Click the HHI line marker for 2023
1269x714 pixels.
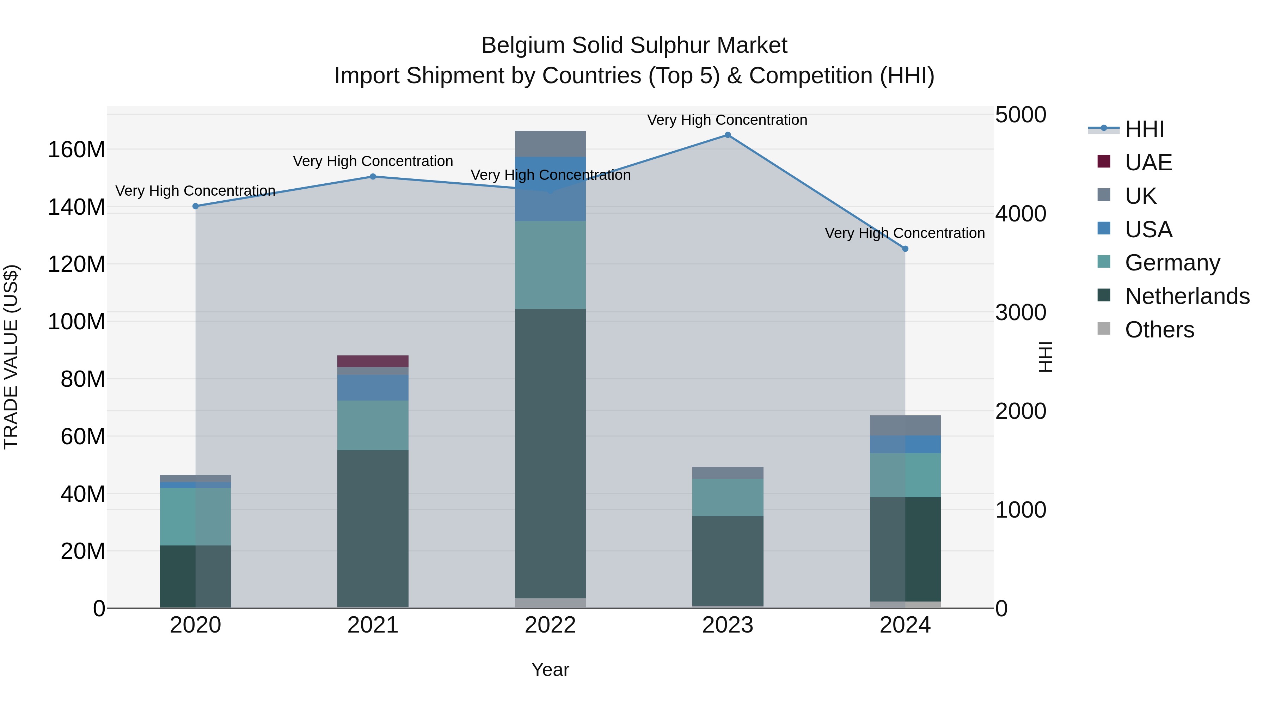pyautogui.click(x=728, y=135)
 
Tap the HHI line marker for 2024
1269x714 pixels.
pyautogui.click(x=905, y=249)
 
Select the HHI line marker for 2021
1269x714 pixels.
pyautogui.click(x=373, y=176)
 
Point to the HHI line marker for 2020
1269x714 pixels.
pyautogui.click(x=196, y=206)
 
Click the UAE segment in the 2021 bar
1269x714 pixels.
pyautogui.click(x=373, y=361)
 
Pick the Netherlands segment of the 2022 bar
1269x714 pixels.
pyautogui.click(x=550, y=453)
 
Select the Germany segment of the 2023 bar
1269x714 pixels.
pyautogui.click(x=728, y=497)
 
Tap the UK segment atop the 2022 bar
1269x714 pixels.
pyautogui.click(x=550, y=144)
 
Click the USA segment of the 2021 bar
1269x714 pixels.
pyautogui.click(x=373, y=388)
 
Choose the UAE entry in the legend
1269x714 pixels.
pyautogui.click(x=1148, y=163)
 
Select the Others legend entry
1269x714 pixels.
pyautogui.click(x=1159, y=330)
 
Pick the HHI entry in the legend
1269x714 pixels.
pyautogui.click(x=1144, y=129)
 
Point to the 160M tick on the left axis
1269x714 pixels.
pyautogui.click(x=76, y=149)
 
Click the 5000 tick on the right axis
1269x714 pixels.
pyautogui.click(x=1021, y=115)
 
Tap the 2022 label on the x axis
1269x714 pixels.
pyautogui.click(x=550, y=625)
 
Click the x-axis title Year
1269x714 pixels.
pyautogui.click(x=550, y=670)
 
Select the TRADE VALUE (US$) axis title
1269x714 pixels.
pyautogui.click(x=11, y=357)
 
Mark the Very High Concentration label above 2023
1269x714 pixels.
pyautogui.click(x=727, y=120)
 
